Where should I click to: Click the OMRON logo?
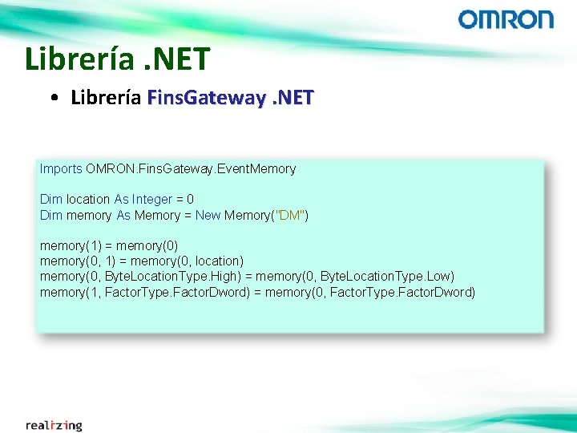[x=506, y=19]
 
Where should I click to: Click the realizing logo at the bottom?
[x=54, y=424]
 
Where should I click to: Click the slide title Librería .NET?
[x=117, y=59]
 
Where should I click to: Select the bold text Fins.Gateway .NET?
[x=231, y=98]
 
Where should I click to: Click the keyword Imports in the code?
[x=61, y=168]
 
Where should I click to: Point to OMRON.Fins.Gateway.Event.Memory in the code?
[x=191, y=168]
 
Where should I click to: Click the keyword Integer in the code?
[x=152, y=199]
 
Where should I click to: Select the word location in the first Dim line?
[x=88, y=199]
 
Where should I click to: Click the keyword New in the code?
[x=208, y=215]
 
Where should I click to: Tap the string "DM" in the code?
[x=288, y=215]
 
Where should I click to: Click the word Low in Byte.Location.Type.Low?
[x=442, y=277]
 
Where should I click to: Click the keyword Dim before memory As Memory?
[x=50, y=215]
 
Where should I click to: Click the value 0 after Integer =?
[x=190, y=199]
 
